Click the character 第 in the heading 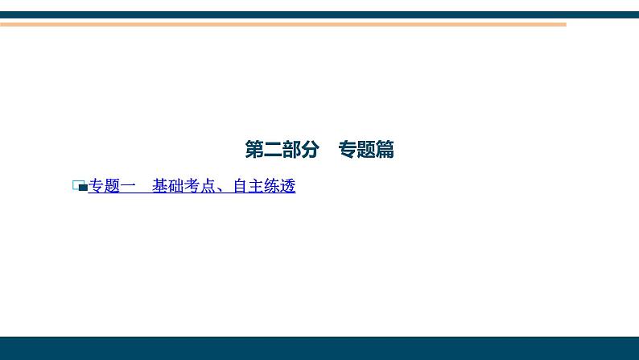[254, 150]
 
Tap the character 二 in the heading [272, 150]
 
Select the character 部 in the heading [291, 150]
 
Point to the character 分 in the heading [310, 150]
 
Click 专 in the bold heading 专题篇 [348, 150]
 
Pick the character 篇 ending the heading [385, 150]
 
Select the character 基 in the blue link [160, 187]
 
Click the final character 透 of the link [288, 187]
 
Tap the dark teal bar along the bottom [319, 348]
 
